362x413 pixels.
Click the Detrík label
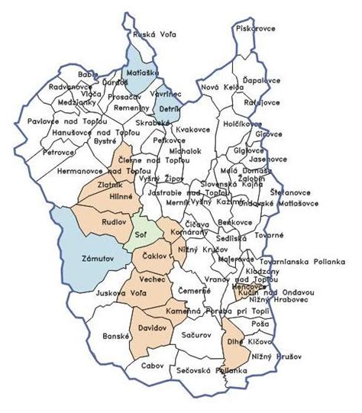(x=169, y=110)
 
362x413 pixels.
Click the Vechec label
(x=152, y=280)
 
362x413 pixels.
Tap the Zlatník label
(x=112, y=185)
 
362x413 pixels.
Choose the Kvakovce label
(x=192, y=130)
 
